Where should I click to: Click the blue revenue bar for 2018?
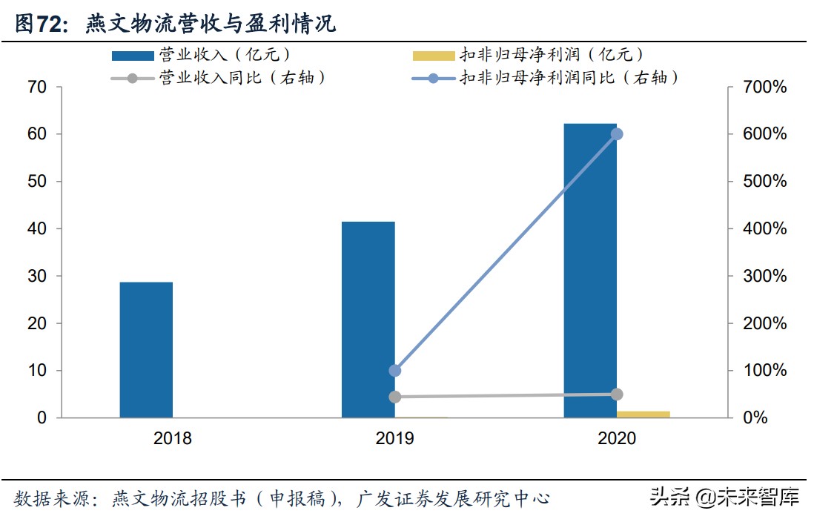[146, 349]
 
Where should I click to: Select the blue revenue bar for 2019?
[368, 319]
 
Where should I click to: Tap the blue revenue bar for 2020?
[590, 270]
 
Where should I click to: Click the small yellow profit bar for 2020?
[643, 414]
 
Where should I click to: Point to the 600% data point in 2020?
[617, 134]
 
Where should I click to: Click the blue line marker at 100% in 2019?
[395, 371]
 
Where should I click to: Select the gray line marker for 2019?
[395, 397]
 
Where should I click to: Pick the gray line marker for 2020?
[617, 394]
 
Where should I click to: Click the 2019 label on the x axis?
[395, 438]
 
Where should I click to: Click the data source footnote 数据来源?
[282, 498]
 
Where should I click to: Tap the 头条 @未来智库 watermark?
[724, 497]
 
